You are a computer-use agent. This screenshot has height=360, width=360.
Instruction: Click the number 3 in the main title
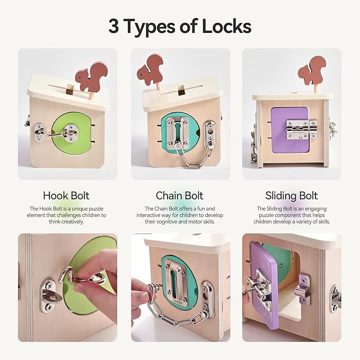114,25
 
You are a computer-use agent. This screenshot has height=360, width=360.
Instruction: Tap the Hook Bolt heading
66,196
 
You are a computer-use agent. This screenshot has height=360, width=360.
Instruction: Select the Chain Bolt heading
180,196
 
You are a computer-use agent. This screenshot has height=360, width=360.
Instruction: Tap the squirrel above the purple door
311,71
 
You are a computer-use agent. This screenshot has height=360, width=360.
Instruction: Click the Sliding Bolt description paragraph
293,215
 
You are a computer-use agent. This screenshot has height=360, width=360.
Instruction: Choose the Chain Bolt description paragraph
180,215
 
